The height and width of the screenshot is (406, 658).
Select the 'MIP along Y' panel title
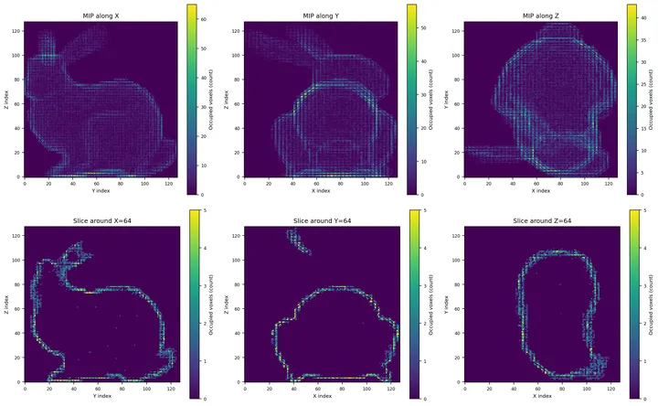320,16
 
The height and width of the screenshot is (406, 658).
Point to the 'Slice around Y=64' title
320,221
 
